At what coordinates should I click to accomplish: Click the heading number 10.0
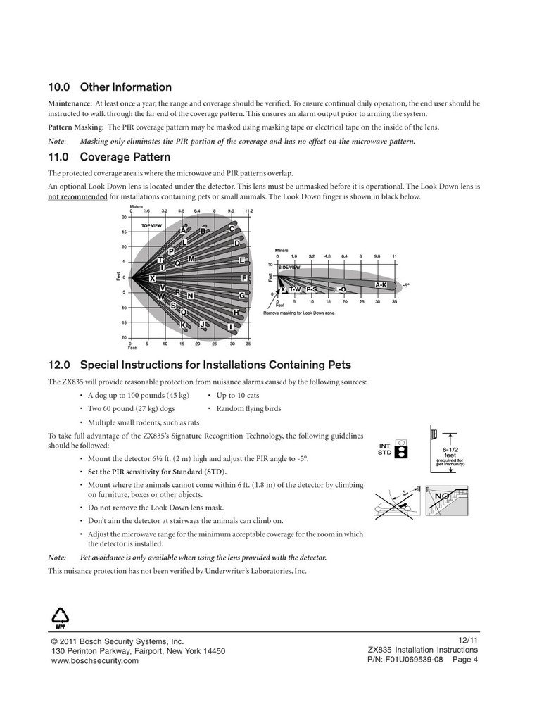tap(59, 88)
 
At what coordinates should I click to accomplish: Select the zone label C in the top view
tap(232, 229)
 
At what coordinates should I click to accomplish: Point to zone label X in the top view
tap(153, 279)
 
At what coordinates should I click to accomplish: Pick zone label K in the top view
tap(183, 325)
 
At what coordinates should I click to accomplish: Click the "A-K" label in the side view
tap(381, 284)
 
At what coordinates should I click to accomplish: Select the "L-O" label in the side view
tap(340, 289)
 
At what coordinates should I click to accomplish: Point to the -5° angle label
tap(406, 285)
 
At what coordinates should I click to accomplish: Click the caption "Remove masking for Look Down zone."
tap(308, 313)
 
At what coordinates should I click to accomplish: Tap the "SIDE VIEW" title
tap(289, 268)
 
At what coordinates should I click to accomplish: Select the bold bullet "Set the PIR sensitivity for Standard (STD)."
tap(158, 471)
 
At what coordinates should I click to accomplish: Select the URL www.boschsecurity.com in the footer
tap(95, 662)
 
